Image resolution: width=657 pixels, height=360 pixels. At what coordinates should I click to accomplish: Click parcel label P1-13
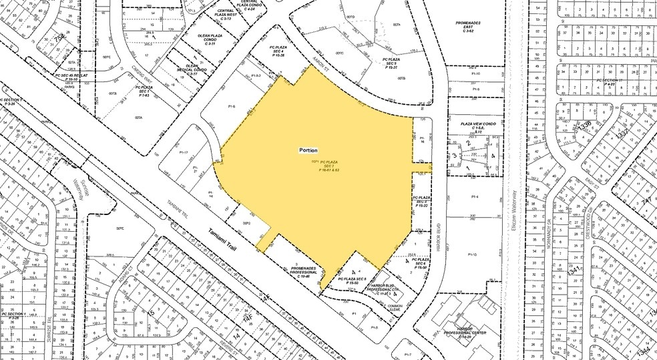(x=473, y=254)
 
